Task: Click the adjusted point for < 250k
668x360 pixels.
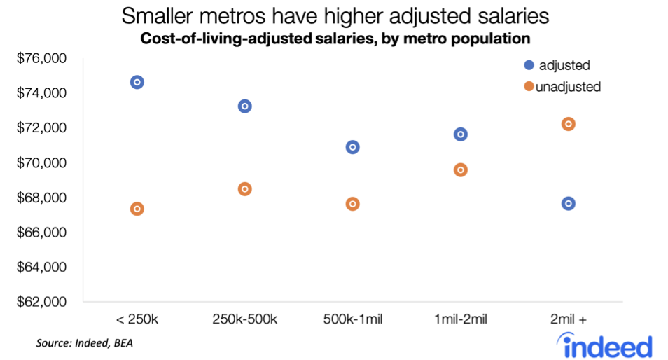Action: pyautogui.click(x=137, y=82)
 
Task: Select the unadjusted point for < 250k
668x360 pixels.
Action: pyautogui.click(x=137, y=209)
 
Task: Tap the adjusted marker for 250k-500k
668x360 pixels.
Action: pyautogui.click(x=245, y=106)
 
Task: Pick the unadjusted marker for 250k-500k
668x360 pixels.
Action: pyautogui.click(x=245, y=189)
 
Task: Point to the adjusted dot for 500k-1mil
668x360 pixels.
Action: pyautogui.click(x=353, y=147)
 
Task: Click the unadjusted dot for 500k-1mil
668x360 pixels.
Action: pyautogui.click(x=353, y=204)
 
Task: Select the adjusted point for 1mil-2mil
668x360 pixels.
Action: pyautogui.click(x=461, y=134)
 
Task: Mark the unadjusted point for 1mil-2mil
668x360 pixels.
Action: pyautogui.click(x=461, y=169)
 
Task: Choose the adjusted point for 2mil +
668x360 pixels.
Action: pyautogui.click(x=569, y=204)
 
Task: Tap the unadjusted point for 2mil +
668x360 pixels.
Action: pyautogui.click(x=569, y=124)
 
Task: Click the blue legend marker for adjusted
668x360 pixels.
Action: pyautogui.click(x=529, y=65)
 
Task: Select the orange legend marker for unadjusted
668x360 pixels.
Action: pyautogui.click(x=529, y=87)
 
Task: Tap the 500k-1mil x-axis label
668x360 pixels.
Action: pyautogui.click(x=353, y=320)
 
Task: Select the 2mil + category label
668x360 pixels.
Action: pyautogui.click(x=569, y=320)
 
